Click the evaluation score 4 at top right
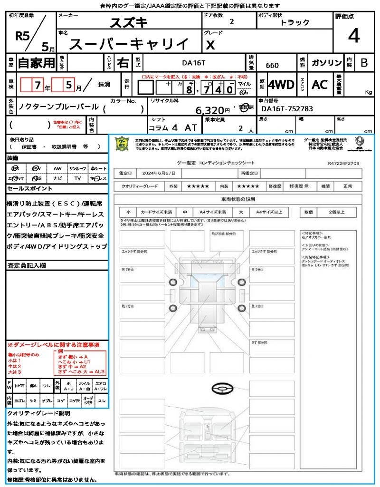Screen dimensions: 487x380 click(353, 36)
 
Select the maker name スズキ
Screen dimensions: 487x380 click(129, 22)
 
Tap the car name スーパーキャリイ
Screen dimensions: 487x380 click(129, 44)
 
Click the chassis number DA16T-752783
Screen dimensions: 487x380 click(287, 108)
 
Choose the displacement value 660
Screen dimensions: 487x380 click(272, 66)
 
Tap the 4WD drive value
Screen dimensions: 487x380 click(281, 85)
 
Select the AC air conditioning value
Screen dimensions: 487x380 click(320, 85)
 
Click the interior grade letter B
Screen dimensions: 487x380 click(364, 63)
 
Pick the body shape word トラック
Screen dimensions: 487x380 click(294, 22)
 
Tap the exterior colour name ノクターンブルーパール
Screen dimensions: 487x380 click(58, 107)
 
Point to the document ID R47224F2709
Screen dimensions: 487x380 click(343, 163)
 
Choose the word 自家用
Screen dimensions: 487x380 click(36, 63)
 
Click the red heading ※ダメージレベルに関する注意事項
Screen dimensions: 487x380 click(53, 344)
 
